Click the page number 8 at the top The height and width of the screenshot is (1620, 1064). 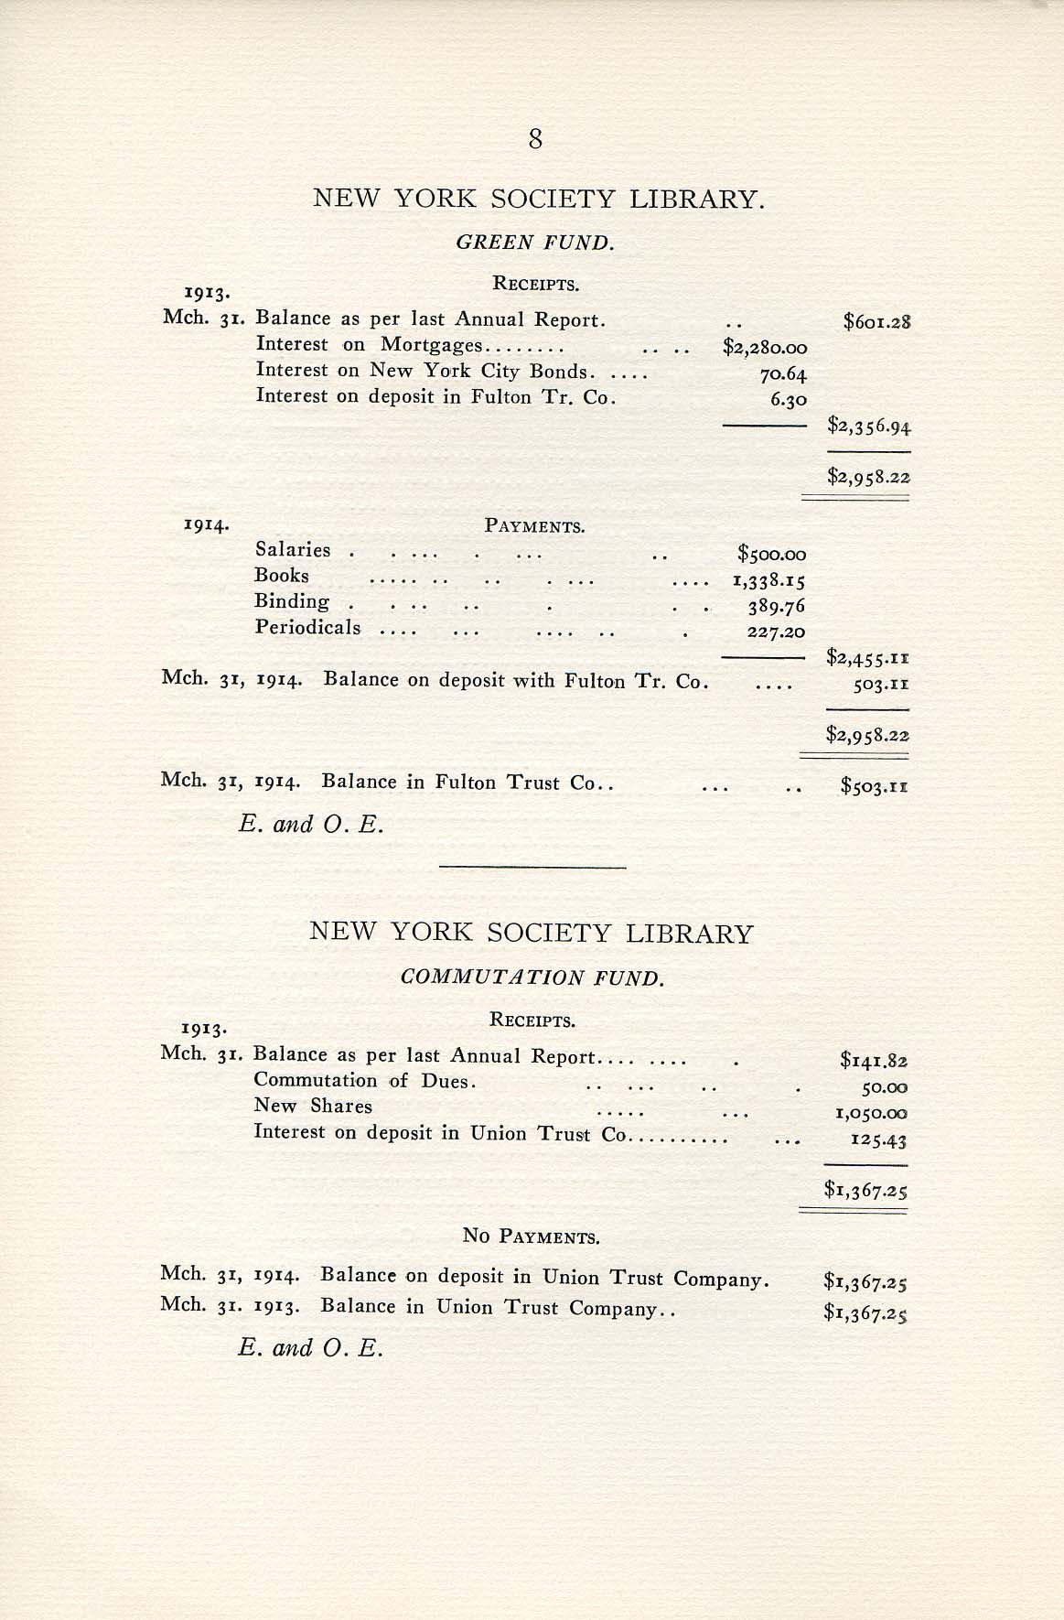(x=535, y=139)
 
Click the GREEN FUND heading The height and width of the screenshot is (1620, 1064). (x=535, y=243)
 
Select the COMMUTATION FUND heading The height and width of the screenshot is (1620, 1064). (x=532, y=977)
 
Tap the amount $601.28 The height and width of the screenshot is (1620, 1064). (x=877, y=321)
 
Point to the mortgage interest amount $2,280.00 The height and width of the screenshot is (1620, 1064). (x=765, y=347)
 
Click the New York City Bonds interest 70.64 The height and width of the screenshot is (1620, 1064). (x=782, y=373)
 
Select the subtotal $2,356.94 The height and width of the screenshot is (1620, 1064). (x=869, y=426)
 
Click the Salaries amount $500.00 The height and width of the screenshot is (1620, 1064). (x=771, y=554)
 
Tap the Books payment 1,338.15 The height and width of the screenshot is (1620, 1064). (x=768, y=580)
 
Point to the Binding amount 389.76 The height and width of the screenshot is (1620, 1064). (x=776, y=606)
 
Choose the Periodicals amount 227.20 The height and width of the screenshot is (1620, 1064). (x=776, y=632)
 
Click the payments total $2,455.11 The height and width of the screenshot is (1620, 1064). (x=866, y=656)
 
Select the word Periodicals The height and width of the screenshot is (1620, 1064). (x=307, y=628)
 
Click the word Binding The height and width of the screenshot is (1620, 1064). (x=292, y=601)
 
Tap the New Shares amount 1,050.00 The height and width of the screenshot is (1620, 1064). (x=869, y=1114)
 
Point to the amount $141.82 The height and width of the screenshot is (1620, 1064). (x=874, y=1061)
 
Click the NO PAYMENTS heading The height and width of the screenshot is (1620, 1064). (x=531, y=1237)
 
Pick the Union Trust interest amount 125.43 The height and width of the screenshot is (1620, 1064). (x=877, y=1140)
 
